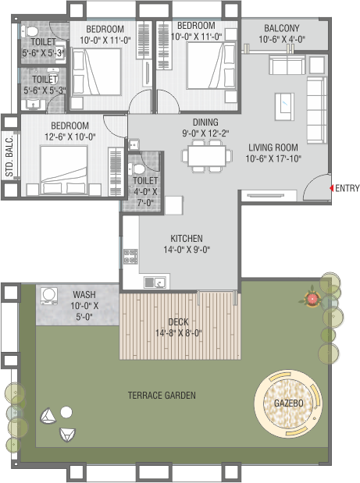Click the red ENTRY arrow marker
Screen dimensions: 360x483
point(332,188)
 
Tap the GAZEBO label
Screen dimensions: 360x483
point(288,403)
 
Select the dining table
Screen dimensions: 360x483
point(207,156)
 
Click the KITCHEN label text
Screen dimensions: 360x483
point(187,239)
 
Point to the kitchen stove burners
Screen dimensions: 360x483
point(130,257)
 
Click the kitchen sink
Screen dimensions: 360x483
point(155,282)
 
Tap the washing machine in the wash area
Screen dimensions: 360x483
point(48,296)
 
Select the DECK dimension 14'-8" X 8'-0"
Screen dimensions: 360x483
point(179,333)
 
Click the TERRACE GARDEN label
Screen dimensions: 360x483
point(162,395)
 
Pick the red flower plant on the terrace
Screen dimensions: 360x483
point(312,299)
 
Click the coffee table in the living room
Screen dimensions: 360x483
point(284,107)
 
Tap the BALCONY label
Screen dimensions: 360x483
point(282,28)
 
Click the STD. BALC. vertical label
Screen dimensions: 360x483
point(9,155)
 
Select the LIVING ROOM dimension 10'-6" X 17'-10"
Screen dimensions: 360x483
point(273,158)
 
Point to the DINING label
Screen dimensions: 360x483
point(205,123)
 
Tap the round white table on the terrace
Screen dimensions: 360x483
point(66,412)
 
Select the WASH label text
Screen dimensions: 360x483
point(84,294)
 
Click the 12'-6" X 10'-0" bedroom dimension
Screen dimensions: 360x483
point(70,137)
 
